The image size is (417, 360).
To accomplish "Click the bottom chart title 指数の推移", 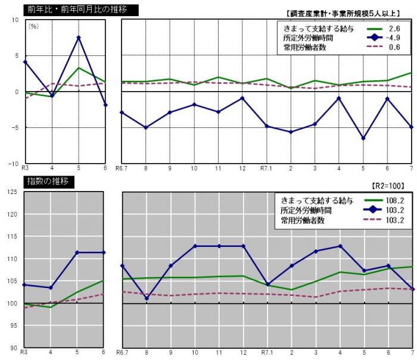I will tap(48, 182).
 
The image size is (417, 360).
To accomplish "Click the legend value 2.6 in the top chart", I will tap(393, 28).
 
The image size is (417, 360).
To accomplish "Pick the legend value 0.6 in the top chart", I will tap(393, 47).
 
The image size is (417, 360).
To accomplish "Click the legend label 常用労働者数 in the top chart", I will tap(304, 47).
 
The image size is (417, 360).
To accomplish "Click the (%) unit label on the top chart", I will tap(34, 27).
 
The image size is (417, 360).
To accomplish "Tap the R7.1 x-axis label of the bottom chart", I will tap(266, 353).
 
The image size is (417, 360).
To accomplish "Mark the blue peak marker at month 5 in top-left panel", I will tap(79, 37).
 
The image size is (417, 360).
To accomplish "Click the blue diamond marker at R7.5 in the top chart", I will tap(363, 138).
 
